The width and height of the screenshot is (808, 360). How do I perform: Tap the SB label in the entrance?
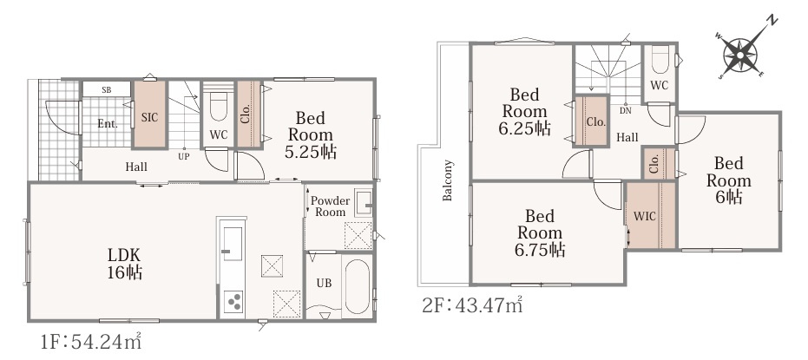pyautogui.click(x=106, y=89)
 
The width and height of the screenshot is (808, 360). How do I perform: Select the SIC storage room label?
pyautogui.click(x=149, y=117)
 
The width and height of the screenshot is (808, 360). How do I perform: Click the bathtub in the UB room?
pyautogui.click(x=357, y=287)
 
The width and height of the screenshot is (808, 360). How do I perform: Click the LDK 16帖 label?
pyautogui.click(x=124, y=263)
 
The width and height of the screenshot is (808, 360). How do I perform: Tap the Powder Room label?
pyautogui.click(x=330, y=206)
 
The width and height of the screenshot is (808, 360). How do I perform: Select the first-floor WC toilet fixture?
pyautogui.click(x=219, y=107)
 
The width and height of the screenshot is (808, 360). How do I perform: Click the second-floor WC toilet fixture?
pyautogui.click(x=660, y=60)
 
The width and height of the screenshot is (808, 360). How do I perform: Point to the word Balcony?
pyautogui.click(x=447, y=180)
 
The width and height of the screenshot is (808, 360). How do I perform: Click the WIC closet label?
pyautogui.click(x=645, y=216)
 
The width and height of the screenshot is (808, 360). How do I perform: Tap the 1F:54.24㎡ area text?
pyautogui.click(x=90, y=342)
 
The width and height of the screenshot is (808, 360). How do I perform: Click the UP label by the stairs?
pyautogui.click(x=183, y=156)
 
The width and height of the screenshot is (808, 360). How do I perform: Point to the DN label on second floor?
pyautogui.click(x=625, y=110)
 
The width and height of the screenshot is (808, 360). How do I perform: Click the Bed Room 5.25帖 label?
pyautogui.click(x=312, y=135)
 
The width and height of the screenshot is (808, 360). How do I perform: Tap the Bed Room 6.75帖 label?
pyautogui.click(x=540, y=232)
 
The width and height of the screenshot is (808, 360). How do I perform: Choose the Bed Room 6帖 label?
pyautogui.click(x=729, y=180)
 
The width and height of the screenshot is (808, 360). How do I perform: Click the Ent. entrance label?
pyautogui.click(x=108, y=123)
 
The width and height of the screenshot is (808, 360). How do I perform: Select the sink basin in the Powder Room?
pyautogui.click(x=364, y=202)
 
